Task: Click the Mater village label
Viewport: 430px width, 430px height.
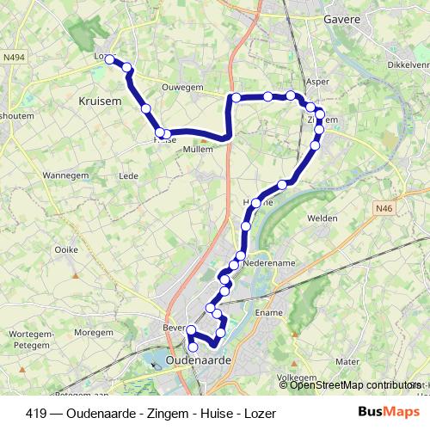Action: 347,362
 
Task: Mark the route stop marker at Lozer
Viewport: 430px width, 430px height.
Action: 109,58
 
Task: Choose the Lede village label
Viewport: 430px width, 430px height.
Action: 128,175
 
